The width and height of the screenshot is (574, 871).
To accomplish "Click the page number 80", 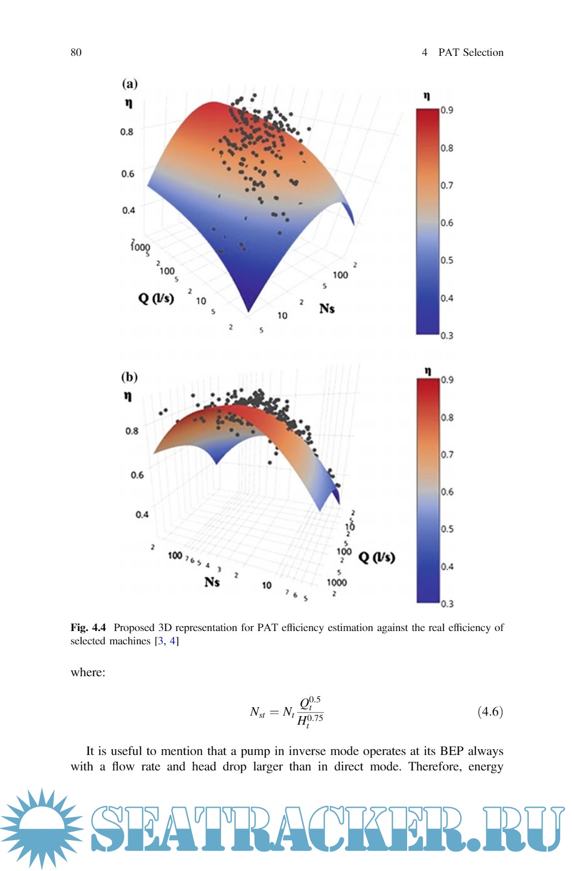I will pos(76,52).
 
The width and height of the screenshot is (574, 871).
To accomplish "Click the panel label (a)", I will pos(130,84).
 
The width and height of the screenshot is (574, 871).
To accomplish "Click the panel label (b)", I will pos(129,377).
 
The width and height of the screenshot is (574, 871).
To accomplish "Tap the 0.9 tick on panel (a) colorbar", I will pos(446,110).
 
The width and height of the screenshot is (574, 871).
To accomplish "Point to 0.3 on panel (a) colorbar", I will pos(446,335).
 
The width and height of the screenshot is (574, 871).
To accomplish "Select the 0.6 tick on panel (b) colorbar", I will pos(447,492).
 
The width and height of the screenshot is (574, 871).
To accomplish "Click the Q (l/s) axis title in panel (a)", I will pos(156,297).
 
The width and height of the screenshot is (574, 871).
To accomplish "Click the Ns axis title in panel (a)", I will pos(327,309).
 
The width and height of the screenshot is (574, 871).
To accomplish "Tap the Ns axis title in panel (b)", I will pos(212,582).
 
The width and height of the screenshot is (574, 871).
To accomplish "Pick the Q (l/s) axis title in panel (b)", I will pos(377,557).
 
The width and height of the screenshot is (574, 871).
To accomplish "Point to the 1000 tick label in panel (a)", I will pos(140,247).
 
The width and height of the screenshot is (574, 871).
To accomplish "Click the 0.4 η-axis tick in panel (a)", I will pos(128,210).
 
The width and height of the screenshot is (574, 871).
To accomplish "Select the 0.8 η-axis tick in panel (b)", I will pos(132,430).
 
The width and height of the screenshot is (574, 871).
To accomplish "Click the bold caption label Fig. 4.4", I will pos(88,628).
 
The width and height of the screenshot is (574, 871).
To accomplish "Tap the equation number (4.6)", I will pos(490,711).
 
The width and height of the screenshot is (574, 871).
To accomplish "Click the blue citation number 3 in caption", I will pos(161,641).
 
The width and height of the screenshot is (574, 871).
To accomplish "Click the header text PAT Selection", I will pos(470,52).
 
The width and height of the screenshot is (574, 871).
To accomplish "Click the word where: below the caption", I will pos(88,673).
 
